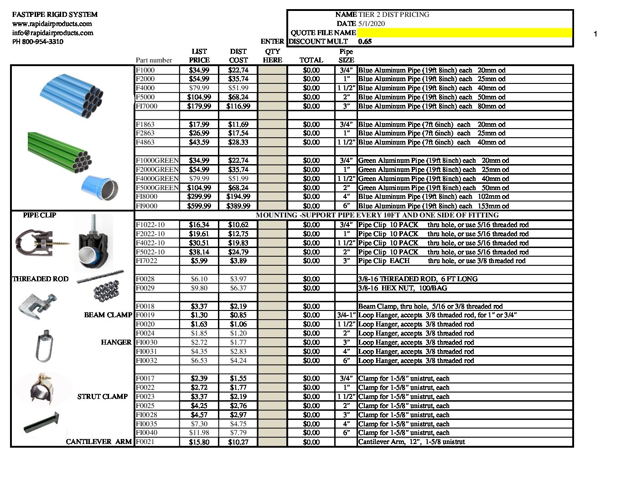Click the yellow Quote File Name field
(464, 33)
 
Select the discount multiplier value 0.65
(365, 41)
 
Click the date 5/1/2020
(372, 24)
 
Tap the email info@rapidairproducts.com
(52, 33)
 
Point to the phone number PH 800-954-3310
(38, 42)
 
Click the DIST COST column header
(238, 56)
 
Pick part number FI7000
(146, 106)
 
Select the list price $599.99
(199, 206)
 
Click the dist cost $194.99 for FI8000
(238, 197)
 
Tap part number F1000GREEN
(157, 160)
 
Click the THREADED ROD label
(40, 279)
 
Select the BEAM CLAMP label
(108, 315)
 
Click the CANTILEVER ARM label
(99, 442)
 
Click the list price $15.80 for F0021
(199, 442)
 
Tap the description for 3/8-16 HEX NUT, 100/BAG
(403, 288)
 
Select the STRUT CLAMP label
(103, 397)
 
